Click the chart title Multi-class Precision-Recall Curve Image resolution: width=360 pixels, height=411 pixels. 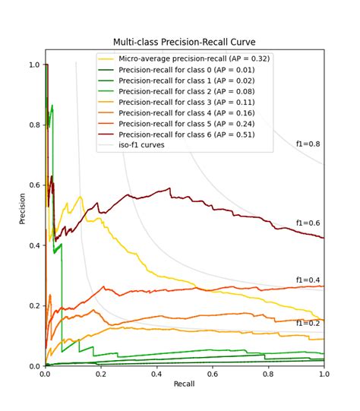pyautogui.click(x=185, y=42)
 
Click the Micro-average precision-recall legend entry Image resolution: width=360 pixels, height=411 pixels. pyautogui.click(x=184, y=58)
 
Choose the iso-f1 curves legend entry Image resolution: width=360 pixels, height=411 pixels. pyautogui.click(x=131, y=145)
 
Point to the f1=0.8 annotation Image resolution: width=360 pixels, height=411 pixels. pyautogui.click(x=308, y=144)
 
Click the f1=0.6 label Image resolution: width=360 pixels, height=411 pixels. pyautogui.click(x=308, y=223)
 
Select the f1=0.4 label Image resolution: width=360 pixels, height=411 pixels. pyautogui.click(x=308, y=280)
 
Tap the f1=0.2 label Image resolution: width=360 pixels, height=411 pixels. pyautogui.click(x=308, y=324)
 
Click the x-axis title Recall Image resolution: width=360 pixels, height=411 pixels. pyautogui.click(x=185, y=384)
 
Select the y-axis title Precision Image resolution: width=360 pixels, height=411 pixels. pyautogui.click(x=22, y=209)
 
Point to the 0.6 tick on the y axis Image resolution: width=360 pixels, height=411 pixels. pyautogui.click(x=35, y=185)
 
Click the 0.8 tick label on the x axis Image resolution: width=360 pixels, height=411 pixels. pyautogui.click(x=268, y=374)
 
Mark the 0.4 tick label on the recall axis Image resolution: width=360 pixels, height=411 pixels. pyautogui.click(x=156, y=374)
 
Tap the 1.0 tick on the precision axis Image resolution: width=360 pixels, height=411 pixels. pyautogui.click(x=35, y=65)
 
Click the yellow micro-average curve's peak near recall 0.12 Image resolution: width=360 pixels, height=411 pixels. pyautogui.click(x=81, y=196)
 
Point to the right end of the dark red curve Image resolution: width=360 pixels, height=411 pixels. pyautogui.click(x=324, y=238)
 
